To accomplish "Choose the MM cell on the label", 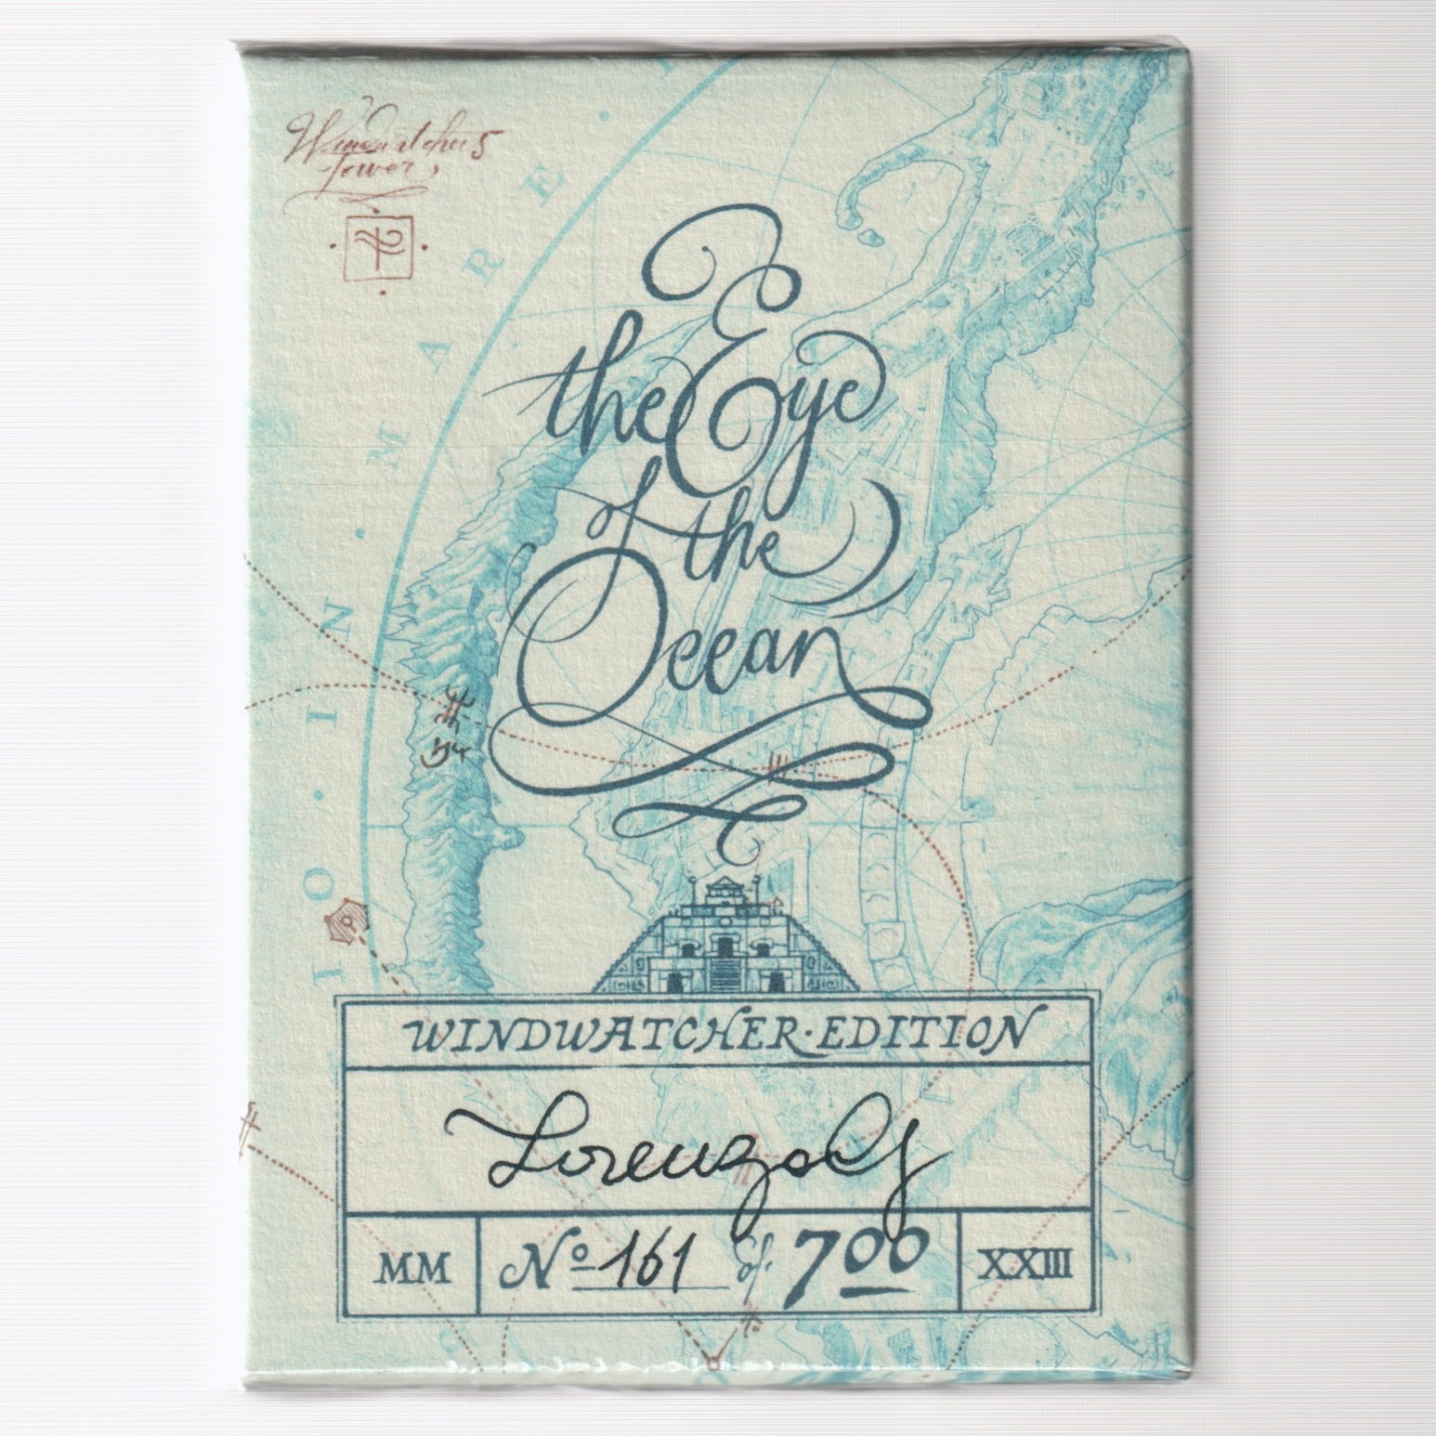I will coord(408,1260).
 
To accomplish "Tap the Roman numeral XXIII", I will coord(1025,1260).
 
